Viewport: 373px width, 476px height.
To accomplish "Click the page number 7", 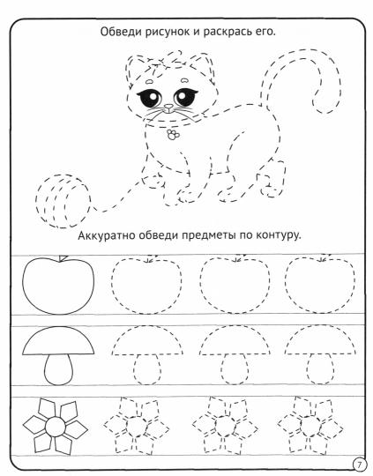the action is pos(359,465).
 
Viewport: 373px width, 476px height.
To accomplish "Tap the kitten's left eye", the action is pos(151,97).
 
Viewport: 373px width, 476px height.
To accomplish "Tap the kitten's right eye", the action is pos(184,97).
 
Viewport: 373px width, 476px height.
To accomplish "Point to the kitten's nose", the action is pos(168,108).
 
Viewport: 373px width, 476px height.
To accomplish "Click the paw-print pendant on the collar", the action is pos(173,135).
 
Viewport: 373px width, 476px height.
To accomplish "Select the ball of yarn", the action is pos(63,201).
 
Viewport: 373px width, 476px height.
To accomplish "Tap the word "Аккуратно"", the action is pos(107,235).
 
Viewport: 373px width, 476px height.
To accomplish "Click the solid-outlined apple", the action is pos(58,284).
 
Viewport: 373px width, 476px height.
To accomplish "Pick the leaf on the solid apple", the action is pos(63,258).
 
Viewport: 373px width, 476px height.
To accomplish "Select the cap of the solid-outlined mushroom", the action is pos(58,341).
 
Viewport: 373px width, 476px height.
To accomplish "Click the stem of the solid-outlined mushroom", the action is pos(59,369).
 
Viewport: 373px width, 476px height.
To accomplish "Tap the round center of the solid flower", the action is pos(56,428).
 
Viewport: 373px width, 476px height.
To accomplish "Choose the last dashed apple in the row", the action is pos(320,285).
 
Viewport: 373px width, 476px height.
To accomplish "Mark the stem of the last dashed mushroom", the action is pos(319,368).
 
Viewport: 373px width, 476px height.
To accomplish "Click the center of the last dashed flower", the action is pos(310,426).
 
